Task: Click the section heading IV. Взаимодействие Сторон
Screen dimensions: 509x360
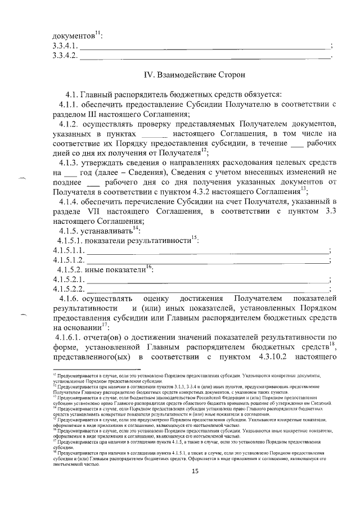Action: point(194,74)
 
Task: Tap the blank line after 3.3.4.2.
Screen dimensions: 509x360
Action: point(206,56)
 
